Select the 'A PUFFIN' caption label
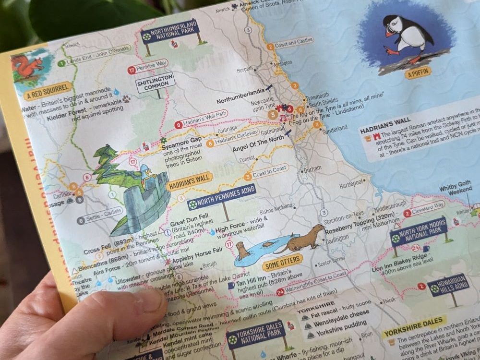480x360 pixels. pyautogui.click(x=418, y=73)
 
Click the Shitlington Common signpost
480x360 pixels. pyautogui.click(x=155, y=83)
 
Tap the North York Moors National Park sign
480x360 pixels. pyautogui.click(x=419, y=231)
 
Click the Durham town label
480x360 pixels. pyautogui.click(x=312, y=169)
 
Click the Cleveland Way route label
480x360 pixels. pyautogui.click(x=428, y=208)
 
